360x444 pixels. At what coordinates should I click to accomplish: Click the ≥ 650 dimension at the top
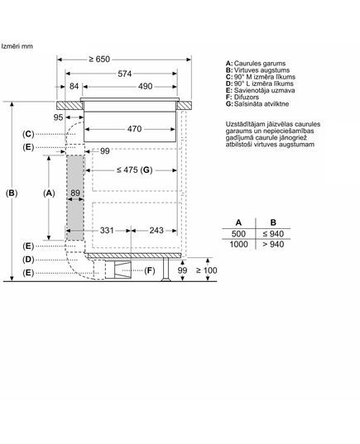click(99, 60)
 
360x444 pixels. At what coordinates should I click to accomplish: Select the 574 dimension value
click(125, 74)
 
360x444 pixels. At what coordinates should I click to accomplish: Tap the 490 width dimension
click(145, 86)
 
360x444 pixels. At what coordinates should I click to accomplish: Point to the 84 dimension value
click(74, 86)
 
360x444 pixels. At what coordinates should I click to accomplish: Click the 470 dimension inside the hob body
click(134, 129)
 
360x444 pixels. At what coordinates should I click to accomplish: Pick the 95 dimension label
click(58, 117)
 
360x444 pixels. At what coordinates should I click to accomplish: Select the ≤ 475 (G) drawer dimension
click(135, 169)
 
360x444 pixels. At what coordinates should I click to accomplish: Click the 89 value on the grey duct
click(75, 193)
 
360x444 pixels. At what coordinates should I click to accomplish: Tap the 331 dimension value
click(107, 230)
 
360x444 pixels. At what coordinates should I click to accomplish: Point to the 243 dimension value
click(156, 230)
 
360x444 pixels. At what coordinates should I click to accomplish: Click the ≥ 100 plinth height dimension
click(207, 270)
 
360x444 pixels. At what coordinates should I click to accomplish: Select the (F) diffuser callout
click(150, 270)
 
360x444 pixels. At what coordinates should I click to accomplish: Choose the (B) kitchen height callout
click(12, 193)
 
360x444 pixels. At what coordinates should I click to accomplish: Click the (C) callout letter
click(28, 134)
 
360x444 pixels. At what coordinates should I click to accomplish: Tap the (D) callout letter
click(28, 260)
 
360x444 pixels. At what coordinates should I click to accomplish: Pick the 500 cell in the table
click(238, 234)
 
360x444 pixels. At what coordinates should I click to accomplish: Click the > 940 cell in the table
click(273, 245)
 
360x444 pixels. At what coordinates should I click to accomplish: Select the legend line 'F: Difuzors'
click(242, 97)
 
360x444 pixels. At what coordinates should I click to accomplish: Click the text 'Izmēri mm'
click(17, 46)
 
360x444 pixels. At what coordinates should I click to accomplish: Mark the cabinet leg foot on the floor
click(166, 279)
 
